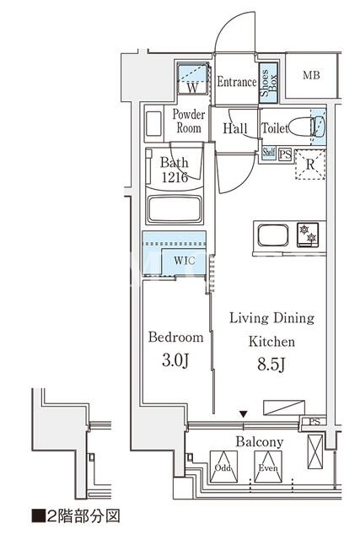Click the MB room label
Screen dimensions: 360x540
[x=311, y=75]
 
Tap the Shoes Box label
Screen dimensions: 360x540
[x=268, y=83]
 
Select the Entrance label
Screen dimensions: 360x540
[x=237, y=82]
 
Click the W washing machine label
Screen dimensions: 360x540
[x=193, y=88]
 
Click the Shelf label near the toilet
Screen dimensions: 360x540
[x=269, y=152]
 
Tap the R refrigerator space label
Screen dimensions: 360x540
[x=310, y=165]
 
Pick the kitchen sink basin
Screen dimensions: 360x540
[x=273, y=235]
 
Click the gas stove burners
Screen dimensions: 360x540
[x=308, y=235]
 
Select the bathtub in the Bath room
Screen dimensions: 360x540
[x=175, y=209]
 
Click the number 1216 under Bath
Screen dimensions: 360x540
[x=175, y=177]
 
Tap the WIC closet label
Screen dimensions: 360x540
[x=185, y=261]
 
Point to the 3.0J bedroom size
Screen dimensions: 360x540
[x=175, y=360]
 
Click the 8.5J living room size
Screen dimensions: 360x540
[x=271, y=364]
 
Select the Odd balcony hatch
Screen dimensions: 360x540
[x=223, y=467]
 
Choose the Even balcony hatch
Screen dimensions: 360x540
[x=268, y=467]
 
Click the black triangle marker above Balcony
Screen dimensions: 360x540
[x=244, y=413]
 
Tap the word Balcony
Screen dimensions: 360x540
[x=260, y=442]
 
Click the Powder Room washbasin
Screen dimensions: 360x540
[x=153, y=123]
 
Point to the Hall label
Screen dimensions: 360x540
[x=235, y=128]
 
